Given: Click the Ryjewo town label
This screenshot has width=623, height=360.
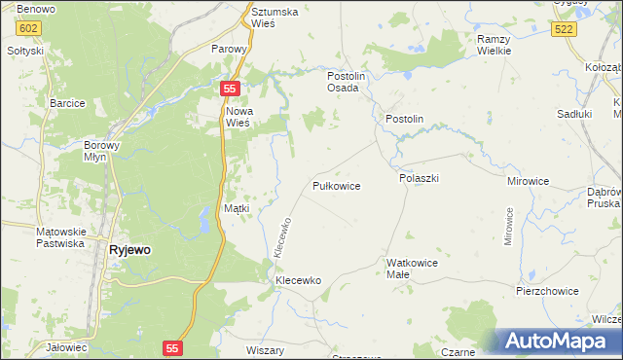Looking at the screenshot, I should coord(129,249).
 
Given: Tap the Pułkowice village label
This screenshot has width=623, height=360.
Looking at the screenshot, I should coord(337,185).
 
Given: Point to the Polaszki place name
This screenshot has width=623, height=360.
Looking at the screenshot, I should coord(420,179).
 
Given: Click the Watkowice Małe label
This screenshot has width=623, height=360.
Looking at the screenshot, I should coord(412,269).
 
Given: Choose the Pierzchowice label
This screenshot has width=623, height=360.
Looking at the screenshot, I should coord(547,291).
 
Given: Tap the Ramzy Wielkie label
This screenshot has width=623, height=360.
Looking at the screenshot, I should coord(495,45).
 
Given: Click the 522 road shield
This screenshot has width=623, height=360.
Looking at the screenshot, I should coord(563,31).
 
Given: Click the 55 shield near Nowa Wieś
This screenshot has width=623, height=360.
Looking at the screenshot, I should coord(229,89).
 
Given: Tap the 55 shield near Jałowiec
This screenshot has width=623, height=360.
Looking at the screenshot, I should coord(172,347).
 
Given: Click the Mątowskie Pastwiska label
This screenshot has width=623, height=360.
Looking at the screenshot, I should coord(60,237).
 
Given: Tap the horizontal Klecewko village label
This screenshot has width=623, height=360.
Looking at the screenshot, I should coord(298,280).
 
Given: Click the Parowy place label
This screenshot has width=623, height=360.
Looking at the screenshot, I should coord(232,48).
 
